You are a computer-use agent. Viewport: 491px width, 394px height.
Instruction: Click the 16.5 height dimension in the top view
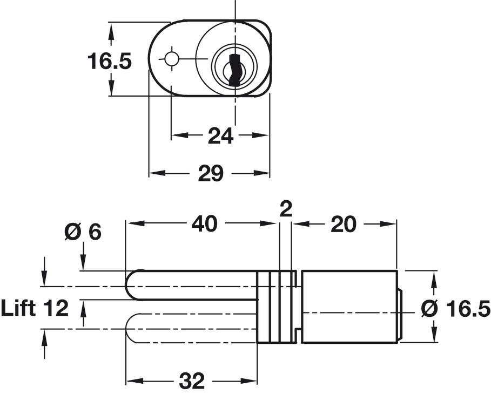109,61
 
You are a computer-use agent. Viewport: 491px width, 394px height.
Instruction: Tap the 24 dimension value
221,136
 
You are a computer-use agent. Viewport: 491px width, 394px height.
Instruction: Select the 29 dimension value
211,173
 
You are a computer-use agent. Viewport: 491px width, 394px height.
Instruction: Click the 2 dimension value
286,209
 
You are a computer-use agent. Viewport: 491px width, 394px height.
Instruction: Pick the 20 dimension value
344,224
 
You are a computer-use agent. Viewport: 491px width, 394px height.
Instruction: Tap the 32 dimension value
192,381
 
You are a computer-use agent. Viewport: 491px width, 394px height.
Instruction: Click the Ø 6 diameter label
83,232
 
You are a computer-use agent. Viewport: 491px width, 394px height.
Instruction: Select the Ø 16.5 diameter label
455,309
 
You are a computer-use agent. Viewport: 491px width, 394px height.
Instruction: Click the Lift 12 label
35,308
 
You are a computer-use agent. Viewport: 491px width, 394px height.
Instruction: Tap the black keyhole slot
235,70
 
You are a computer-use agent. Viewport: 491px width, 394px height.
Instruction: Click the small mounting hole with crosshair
172,58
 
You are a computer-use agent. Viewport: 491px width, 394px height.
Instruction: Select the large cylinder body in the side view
349,307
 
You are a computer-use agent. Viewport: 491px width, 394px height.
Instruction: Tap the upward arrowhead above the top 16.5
110,32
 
